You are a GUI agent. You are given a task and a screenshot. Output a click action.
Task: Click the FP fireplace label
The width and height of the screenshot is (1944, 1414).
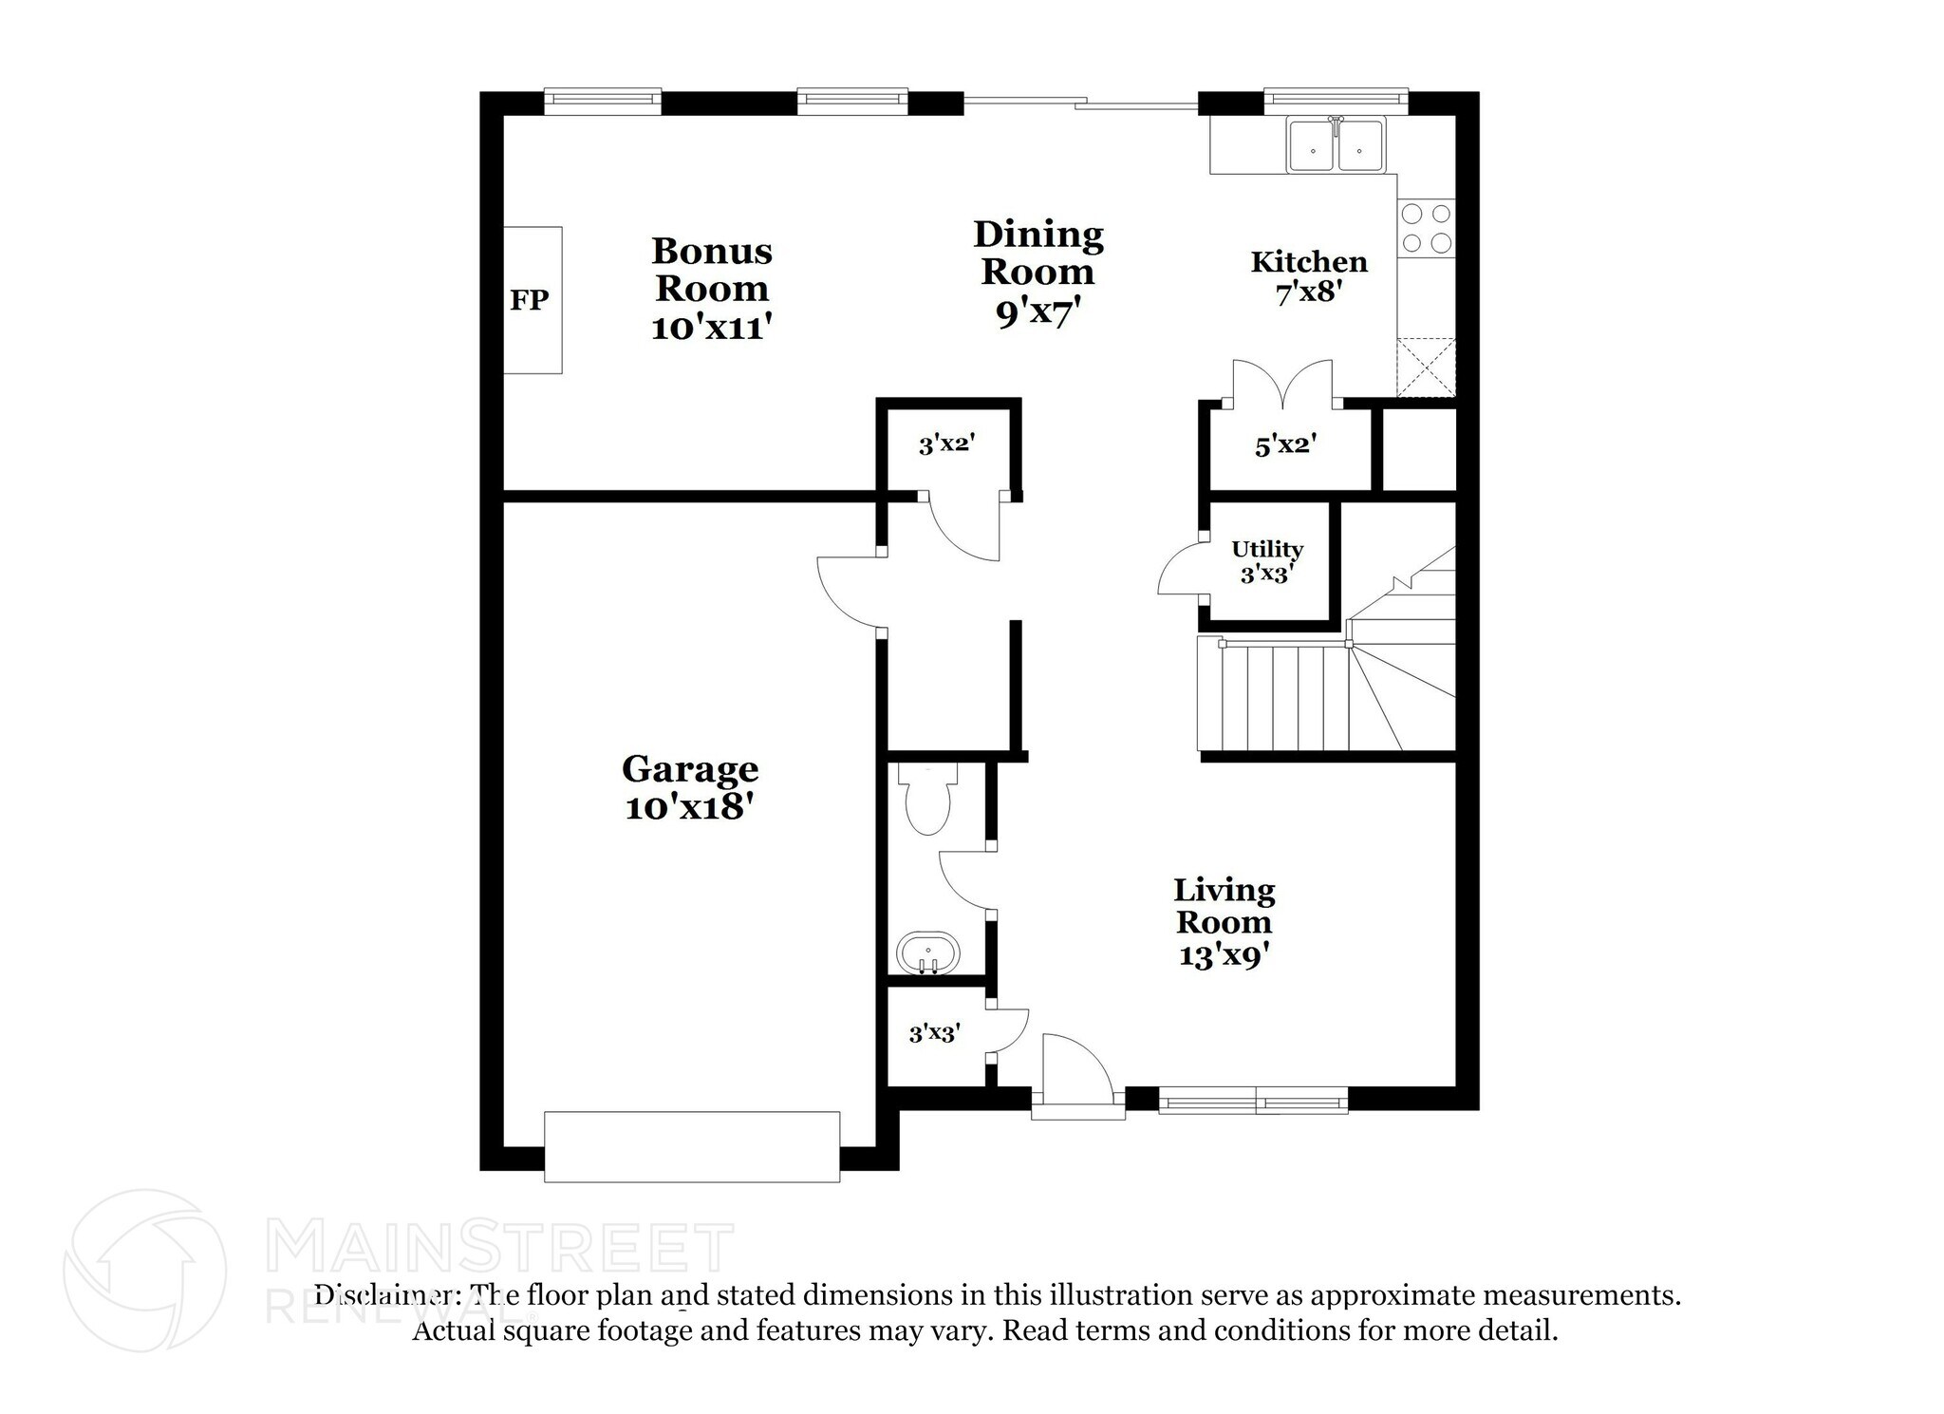529,301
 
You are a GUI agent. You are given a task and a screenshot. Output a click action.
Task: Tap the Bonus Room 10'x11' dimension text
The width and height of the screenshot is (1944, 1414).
711,328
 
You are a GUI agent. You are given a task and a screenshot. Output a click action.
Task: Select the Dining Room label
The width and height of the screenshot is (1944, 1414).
1038,254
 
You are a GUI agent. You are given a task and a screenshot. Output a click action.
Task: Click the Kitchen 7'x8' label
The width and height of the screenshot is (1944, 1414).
1308,276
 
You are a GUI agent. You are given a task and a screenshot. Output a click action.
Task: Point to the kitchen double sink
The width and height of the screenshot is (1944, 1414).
1336,147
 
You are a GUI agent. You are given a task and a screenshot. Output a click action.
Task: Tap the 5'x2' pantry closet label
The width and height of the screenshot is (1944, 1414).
1285,444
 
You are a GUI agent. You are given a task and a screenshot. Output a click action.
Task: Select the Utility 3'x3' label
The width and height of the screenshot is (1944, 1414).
1266,561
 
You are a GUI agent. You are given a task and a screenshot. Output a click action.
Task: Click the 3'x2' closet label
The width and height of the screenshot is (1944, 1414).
946,443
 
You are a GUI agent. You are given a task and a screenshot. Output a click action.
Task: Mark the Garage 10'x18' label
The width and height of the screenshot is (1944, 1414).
689,787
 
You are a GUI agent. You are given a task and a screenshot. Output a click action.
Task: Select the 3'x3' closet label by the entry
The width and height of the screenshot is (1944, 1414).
934,1033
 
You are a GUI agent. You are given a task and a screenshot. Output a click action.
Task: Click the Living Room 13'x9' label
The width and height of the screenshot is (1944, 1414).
1224,922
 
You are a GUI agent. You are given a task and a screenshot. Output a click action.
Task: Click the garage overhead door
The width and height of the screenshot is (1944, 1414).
691,1146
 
